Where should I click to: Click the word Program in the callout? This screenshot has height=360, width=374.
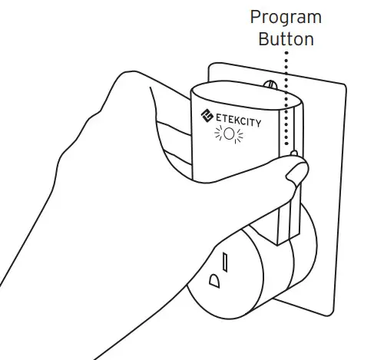[x=286, y=18]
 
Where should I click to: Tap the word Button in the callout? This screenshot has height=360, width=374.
[x=286, y=39]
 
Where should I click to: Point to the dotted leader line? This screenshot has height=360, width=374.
[x=286, y=92]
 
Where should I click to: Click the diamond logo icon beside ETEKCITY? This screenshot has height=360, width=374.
[x=206, y=116]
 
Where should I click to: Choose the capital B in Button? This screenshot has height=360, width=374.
[x=263, y=38]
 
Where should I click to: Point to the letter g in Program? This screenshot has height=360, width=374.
[x=283, y=20]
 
